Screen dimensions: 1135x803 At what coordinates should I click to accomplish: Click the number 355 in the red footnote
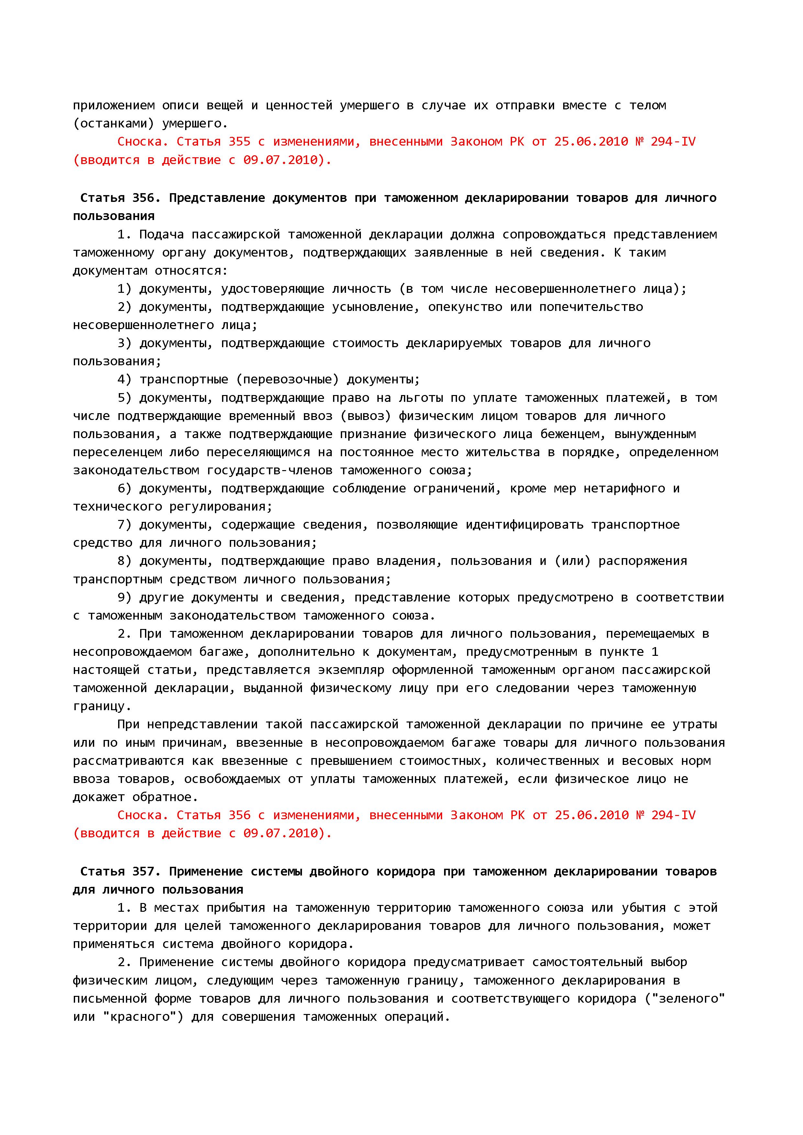(239, 142)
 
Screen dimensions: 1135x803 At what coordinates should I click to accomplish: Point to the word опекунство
(465, 307)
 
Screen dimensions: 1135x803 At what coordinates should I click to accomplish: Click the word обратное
(165, 797)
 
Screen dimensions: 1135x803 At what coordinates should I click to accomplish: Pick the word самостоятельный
(587, 962)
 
